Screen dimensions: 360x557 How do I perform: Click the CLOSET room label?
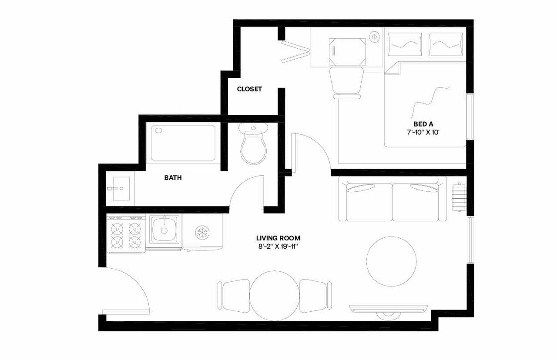pos(249,89)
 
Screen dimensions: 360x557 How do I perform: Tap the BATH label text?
pos(173,178)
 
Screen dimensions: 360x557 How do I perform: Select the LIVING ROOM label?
pos(278,238)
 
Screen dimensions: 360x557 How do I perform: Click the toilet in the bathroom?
pos(253,145)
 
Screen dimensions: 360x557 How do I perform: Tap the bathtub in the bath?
pos(183,143)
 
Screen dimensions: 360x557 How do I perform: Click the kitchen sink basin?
pos(164,230)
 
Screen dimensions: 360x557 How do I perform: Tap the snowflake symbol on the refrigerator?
pos(201,232)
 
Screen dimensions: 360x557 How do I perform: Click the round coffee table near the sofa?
pos(391,261)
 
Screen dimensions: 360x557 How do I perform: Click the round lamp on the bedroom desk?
pos(374,37)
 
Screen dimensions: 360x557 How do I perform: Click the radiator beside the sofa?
pos(459,197)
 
